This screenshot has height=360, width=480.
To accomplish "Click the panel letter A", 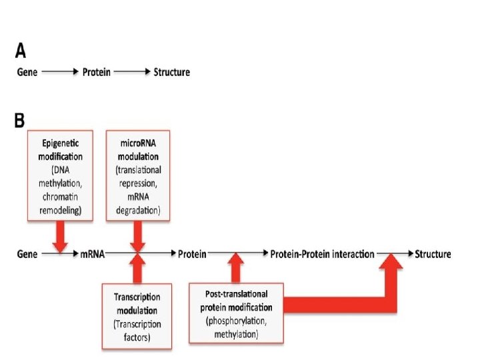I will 21,51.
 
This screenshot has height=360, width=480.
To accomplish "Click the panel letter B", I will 20,121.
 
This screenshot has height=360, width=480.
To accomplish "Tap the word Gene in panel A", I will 27,72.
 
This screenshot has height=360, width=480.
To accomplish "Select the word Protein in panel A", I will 96,72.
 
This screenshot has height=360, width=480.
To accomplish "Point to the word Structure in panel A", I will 171,72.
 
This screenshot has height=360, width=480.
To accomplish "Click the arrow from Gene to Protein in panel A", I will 60,72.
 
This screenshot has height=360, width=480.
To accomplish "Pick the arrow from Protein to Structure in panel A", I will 132,72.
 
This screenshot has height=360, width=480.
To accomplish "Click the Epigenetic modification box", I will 61,175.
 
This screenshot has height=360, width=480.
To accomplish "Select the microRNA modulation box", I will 138,175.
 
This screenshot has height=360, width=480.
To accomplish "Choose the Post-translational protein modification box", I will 236,313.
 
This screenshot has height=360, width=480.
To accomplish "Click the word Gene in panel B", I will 27,254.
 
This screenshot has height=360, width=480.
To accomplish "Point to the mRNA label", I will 92,254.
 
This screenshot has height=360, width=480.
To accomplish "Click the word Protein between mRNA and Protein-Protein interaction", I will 191,254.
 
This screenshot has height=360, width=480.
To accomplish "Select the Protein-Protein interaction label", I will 322,254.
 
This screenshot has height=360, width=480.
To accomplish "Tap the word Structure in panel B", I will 433,254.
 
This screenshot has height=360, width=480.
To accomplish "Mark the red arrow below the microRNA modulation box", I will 138,235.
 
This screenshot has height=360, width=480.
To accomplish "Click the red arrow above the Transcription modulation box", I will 137,269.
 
